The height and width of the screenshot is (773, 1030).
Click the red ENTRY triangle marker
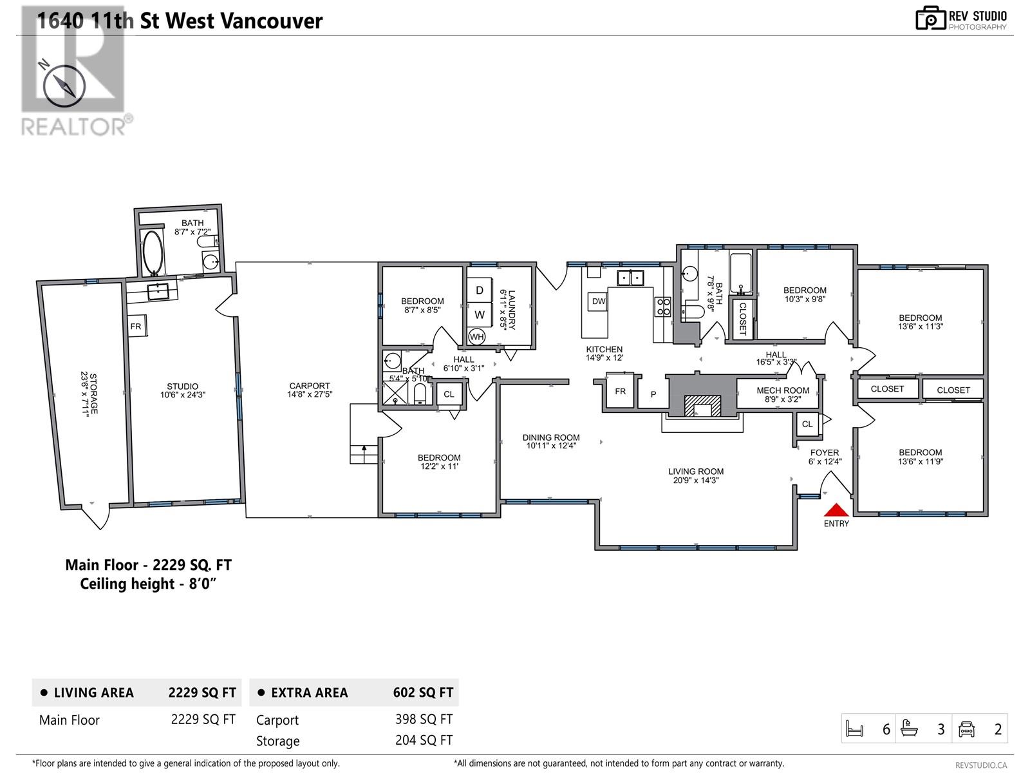(x=836, y=510)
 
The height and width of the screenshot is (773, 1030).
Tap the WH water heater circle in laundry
(x=476, y=336)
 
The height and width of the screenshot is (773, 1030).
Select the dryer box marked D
(x=479, y=290)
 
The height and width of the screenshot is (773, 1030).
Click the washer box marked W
(x=479, y=314)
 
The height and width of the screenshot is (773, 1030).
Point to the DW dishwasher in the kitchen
(x=598, y=301)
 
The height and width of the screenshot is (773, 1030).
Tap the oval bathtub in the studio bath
(x=153, y=252)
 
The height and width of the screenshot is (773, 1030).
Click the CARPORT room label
(x=309, y=386)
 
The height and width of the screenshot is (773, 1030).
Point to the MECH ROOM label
(x=783, y=390)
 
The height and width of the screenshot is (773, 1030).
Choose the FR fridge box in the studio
(x=137, y=326)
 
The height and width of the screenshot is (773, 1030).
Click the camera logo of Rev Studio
(x=930, y=18)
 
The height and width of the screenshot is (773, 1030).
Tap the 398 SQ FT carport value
(x=424, y=719)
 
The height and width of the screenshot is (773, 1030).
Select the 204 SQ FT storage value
(x=424, y=740)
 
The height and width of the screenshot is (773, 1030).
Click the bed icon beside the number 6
(x=854, y=729)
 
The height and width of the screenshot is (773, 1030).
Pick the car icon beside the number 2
(x=966, y=729)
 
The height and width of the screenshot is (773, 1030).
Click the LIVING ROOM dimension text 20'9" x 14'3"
(x=696, y=480)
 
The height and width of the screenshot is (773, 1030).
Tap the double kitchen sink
(x=630, y=278)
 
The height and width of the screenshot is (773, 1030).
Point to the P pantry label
(x=653, y=395)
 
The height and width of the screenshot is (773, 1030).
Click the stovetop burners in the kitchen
(x=663, y=307)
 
